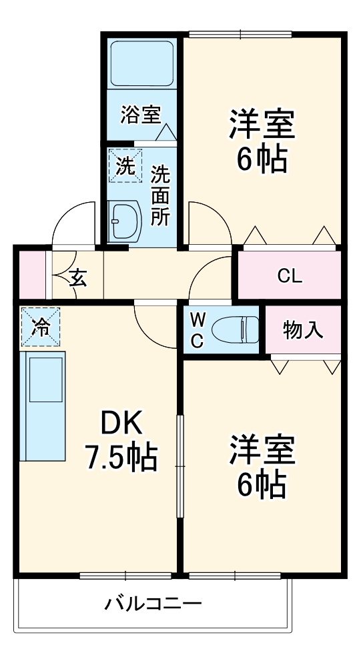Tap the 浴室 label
pyautogui.click(x=140, y=115)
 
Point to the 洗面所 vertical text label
pyautogui.click(x=160, y=196)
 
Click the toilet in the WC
pyautogui.click(x=234, y=329)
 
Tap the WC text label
pyautogui.click(x=197, y=329)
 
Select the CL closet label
pyautogui.click(x=290, y=275)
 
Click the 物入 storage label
pyautogui.click(x=303, y=329)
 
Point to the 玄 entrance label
pyautogui.click(x=78, y=276)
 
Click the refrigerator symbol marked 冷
pyautogui.click(x=41, y=327)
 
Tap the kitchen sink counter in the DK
pyautogui.click(x=44, y=405)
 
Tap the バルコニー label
pyautogui.click(x=153, y=604)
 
